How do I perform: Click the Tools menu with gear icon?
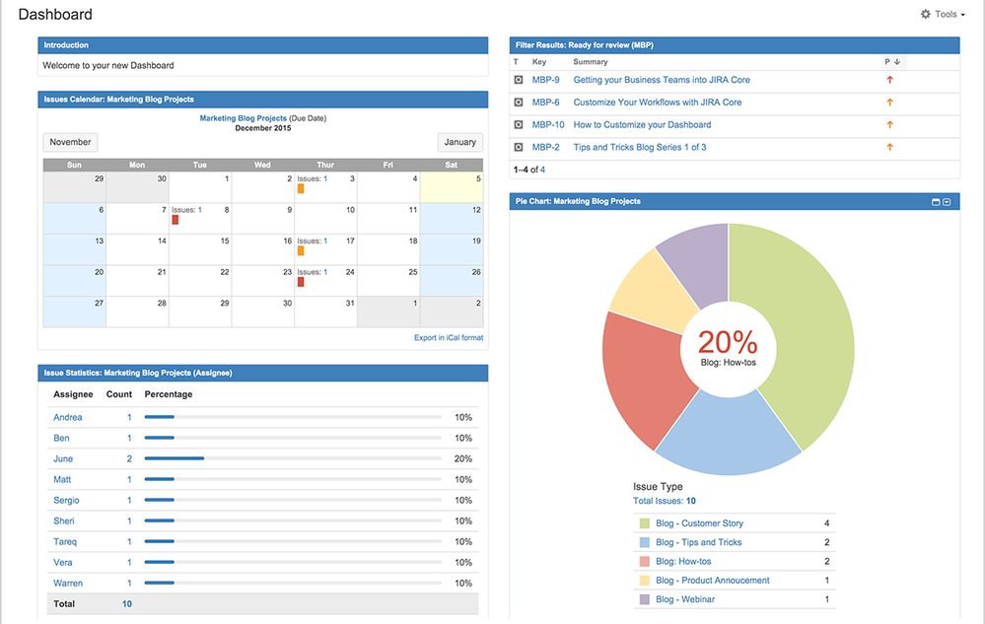click(943, 15)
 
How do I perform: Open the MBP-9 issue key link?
click(545, 80)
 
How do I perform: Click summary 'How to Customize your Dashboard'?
click(642, 125)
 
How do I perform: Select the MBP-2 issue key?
click(545, 148)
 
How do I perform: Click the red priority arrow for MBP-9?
click(889, 80)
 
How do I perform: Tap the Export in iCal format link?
click(449, 338)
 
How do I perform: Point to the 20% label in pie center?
click(728, 342)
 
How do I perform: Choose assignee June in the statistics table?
click(63, 459)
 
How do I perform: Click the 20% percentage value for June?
click(462, 459)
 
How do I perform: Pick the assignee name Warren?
click(68, 584)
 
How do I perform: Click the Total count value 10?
click(127, 604)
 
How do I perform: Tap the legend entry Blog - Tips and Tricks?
click(698, 543)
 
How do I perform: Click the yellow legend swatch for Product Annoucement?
click(644, 581)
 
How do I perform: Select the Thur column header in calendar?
click(325, 165)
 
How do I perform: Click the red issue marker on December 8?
click(176, 220)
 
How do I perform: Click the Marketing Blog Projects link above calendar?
click(243, 118)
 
